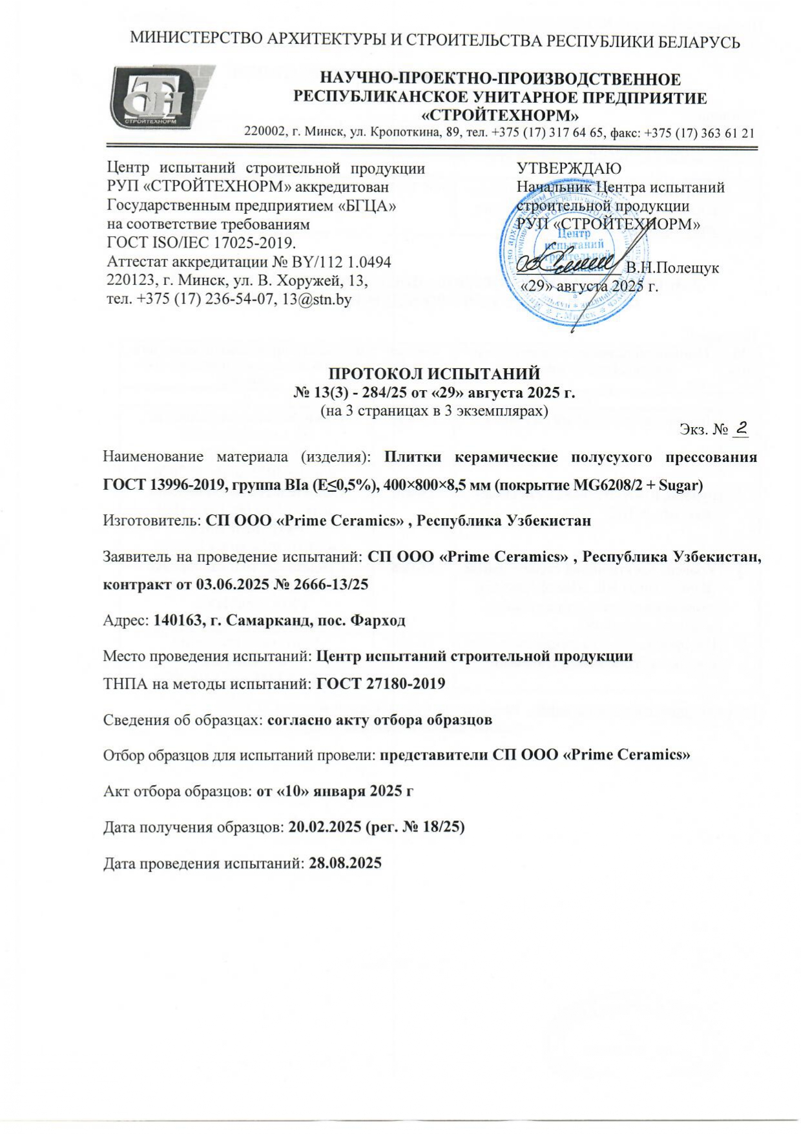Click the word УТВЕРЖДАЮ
[x=568, y=169]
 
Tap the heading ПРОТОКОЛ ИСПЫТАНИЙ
[x=435, y=374]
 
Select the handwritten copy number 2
[x=742, y=427]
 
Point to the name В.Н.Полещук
[x=672, y=268]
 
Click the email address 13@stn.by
[x=317, y=300]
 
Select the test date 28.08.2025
[x=346, y=863]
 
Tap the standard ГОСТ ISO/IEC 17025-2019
[x=200, y=244]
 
